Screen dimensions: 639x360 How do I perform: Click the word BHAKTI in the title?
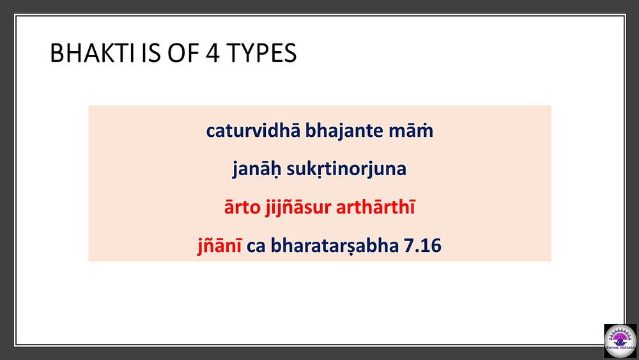[92, 53]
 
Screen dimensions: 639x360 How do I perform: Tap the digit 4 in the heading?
[212, 53]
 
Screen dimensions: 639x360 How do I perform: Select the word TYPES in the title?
[261, 53]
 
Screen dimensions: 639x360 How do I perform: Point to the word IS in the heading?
[150, 53]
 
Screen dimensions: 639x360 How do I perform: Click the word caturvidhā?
[253, 131]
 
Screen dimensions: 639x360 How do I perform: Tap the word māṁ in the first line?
[411, 131]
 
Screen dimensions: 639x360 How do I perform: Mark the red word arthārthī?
[376, 207]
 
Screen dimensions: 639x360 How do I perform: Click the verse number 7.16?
[422, 246]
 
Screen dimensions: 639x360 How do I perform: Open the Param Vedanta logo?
[620, 341]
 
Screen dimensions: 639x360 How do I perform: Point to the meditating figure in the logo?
[620, 339]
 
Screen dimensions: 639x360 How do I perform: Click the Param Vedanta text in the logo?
[620, 348]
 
